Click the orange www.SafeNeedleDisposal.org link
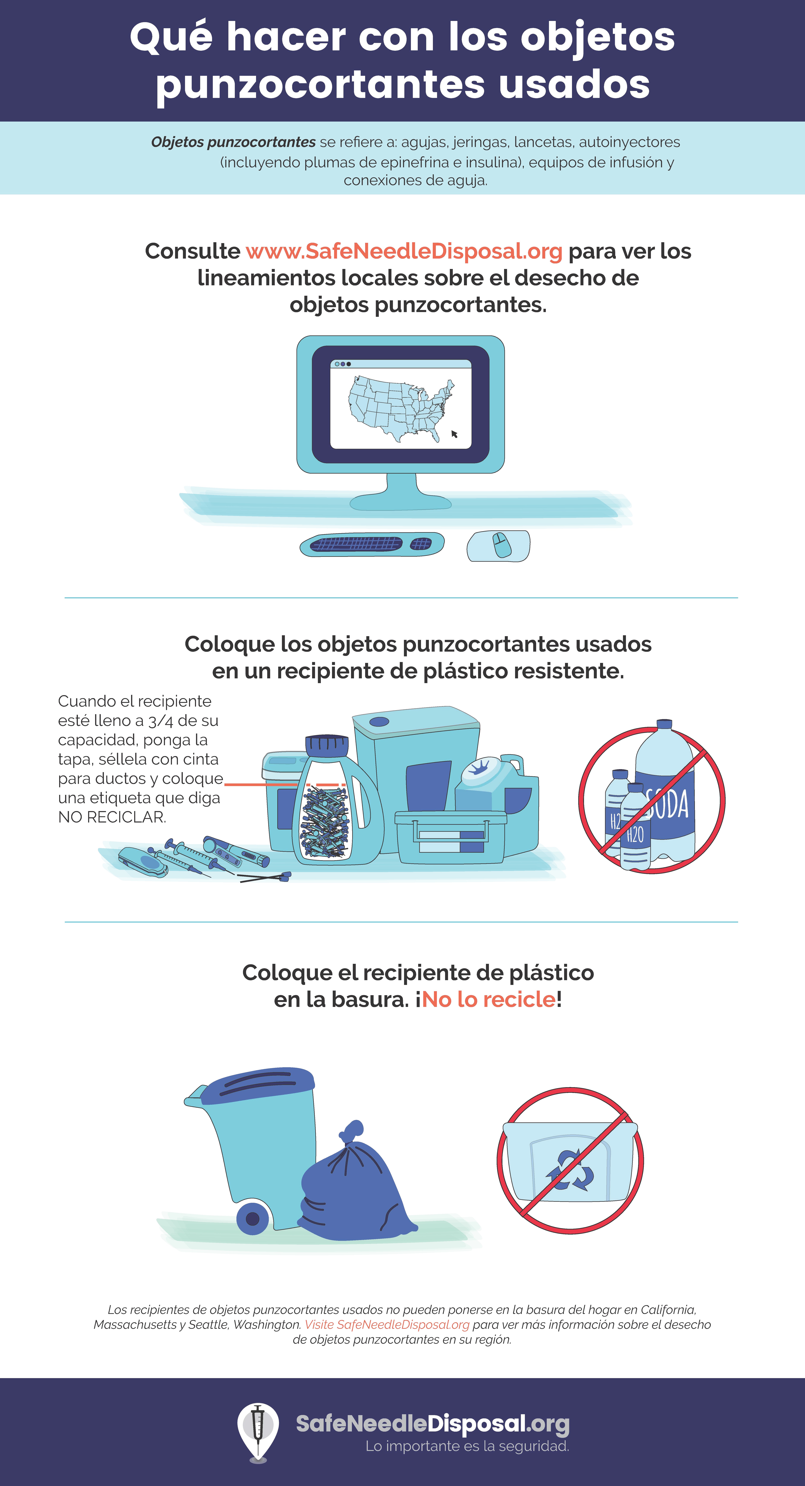(404, 252)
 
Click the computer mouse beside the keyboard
(501, 545)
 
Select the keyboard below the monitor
(372, 544)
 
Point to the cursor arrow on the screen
(454, 434)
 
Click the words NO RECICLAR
(112, 817)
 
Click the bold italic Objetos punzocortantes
(233, 142)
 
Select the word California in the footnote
(668, 1310)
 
